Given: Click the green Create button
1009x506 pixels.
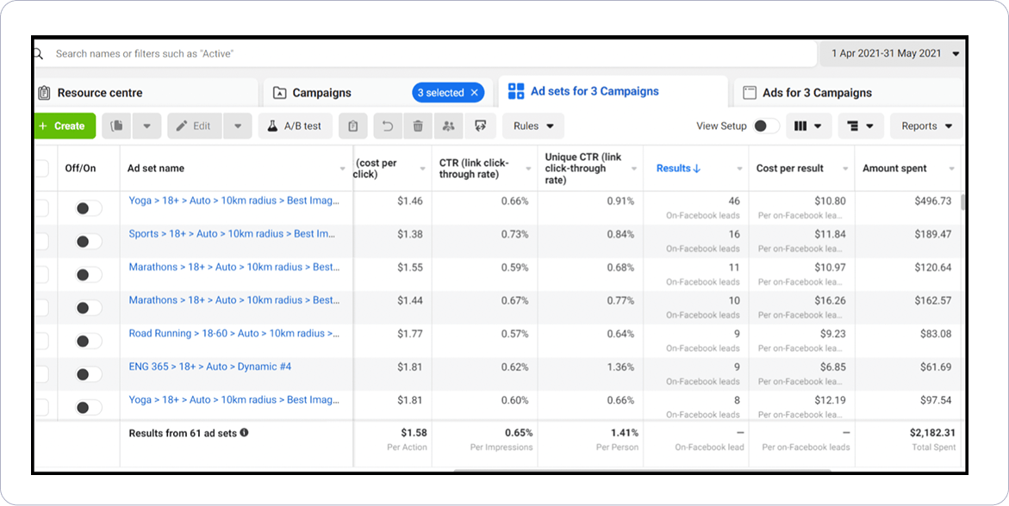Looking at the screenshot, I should [x=61, y=126].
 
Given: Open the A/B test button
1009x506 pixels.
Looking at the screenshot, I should [x=295, y=126].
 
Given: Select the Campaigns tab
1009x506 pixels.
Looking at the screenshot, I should [x=321, y=93].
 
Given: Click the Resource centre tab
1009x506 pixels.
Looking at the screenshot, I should [x=100, y=93].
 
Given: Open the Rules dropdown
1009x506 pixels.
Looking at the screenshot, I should [x=533, y=126].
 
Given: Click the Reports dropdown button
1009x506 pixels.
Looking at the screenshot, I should [x=926, y=126].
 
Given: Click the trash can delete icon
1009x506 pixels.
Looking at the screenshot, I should [x=418, y=126].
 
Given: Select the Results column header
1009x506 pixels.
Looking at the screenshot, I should [x=678, y=169].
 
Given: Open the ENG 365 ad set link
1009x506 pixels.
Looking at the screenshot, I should [x=210, y=367].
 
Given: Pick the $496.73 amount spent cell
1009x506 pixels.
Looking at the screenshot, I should [x=932, y=201].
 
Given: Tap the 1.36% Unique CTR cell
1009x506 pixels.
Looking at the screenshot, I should [x=620, y=367].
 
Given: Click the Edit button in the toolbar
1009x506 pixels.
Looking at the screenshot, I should [x=194, y=126].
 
